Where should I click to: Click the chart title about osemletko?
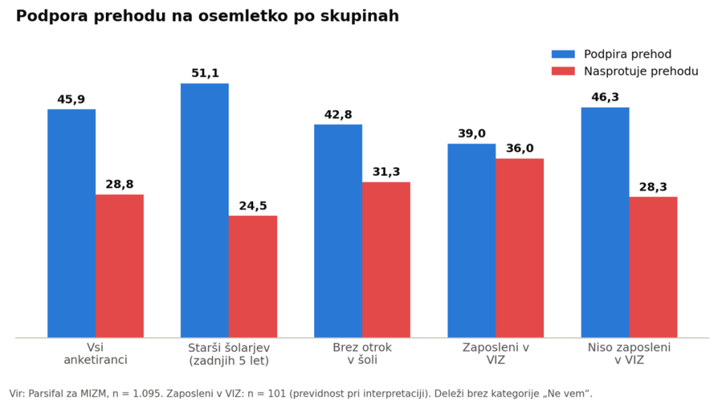(x=208, y=16)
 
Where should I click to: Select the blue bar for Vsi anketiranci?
(x=72, y=224)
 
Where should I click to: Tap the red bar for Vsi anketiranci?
(x=119, y=266)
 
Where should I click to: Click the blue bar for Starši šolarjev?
(x=205, y=210)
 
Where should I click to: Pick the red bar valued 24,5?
(x=252, y=277)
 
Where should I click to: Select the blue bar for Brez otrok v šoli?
(x=338, y=231)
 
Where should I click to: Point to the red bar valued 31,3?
(x=386, y=260)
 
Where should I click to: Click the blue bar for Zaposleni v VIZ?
(x=472, y=241)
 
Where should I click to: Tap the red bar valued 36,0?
(x=520, y=248)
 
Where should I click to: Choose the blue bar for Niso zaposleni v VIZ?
(x=605, y=222)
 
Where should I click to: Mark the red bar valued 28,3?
(x=653, y=267)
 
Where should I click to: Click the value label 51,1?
(x=205, y=74)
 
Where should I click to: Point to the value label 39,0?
(x=472, y=134)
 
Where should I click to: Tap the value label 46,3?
(x=605, y=97)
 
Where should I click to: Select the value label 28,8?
(x=119, y=184)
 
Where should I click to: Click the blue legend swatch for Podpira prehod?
(x=563, y=54)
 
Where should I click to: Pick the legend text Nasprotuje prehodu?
(x=641, y=72)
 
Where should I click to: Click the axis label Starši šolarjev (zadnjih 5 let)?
(x=229, y=354)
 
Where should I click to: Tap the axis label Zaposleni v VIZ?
(x=496, y=353)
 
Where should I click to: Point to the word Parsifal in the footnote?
(x=45, y=394)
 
